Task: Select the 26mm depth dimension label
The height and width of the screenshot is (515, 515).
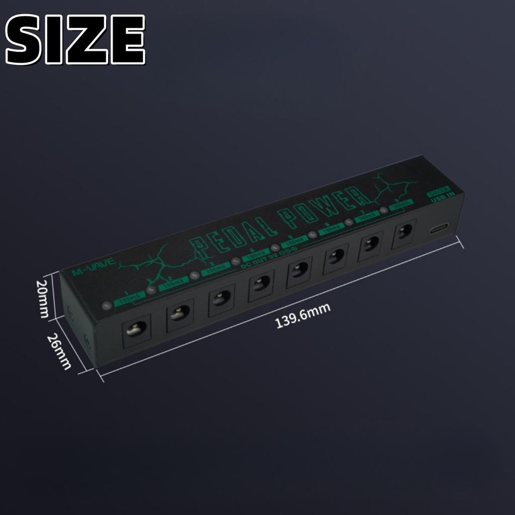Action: (59, 352)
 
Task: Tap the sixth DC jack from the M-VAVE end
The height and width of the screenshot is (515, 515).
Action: (335, 257)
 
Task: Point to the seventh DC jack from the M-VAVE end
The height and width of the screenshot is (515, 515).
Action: (371, 244)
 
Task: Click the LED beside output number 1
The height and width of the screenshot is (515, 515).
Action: (106, 305)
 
